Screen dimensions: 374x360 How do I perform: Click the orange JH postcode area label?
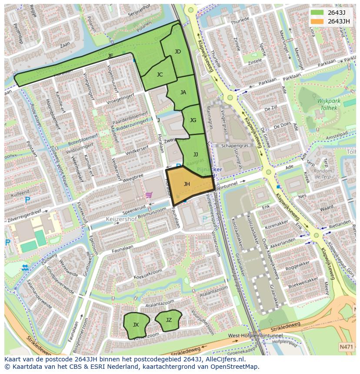coord(187,184)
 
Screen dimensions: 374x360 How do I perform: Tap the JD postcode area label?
coord(177,52)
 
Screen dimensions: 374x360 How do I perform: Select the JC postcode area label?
coord(160,75)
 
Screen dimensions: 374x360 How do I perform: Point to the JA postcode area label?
coord(183,93)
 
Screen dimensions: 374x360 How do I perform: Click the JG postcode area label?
coord(193,120)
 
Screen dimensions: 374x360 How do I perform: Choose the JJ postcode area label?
coord(196,154)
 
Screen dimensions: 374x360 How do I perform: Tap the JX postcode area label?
coord(136,325)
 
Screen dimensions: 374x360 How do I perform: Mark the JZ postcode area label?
coord(169,320)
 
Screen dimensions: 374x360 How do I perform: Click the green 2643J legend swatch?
coord(317,12)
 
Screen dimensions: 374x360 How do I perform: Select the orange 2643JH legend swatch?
coord(317,21)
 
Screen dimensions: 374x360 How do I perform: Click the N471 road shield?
coord(346,347)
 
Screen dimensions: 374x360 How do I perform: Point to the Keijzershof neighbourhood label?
coord(121,219)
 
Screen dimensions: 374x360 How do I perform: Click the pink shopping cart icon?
coord(149,195)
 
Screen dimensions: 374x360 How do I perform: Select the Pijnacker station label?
coord(209,169)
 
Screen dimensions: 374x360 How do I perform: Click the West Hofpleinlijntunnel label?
coord(255,336)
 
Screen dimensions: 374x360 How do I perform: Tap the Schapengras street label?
coord(234,146)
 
